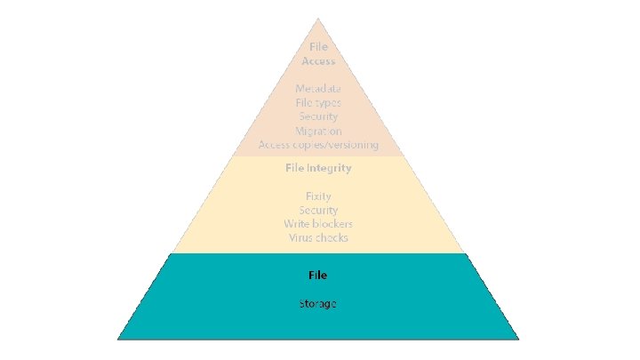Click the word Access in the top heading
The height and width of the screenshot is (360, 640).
(x=318, y=61)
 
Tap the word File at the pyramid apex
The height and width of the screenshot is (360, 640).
(x=318, y=46)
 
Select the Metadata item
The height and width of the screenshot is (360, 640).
(x=318, y=89)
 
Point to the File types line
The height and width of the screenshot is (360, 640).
(x=318, y=103)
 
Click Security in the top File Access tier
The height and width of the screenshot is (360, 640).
(x=318, y=116)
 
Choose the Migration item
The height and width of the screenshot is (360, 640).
(x=318, y=131)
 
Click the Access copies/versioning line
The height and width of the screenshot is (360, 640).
(x=318, y=144)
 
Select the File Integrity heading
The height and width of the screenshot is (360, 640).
(x=318, y=167)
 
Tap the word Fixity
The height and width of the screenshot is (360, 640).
(x=318, y=196)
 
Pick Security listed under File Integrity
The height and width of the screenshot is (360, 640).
(x=318, y=210)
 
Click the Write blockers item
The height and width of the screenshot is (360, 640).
(x=318, y=224)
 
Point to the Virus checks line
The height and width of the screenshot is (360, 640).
(x=318, y=237)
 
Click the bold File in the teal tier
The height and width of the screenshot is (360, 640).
(x=318, y=276)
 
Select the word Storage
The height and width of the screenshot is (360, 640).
(x=318, y=304)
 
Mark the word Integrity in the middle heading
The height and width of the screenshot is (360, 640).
(x=329, y=167)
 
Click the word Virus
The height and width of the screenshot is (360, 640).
(x=301, y=237)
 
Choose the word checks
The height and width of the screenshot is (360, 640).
(x=332, y=237)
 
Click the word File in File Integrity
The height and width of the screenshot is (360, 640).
(x=294, y=167)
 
